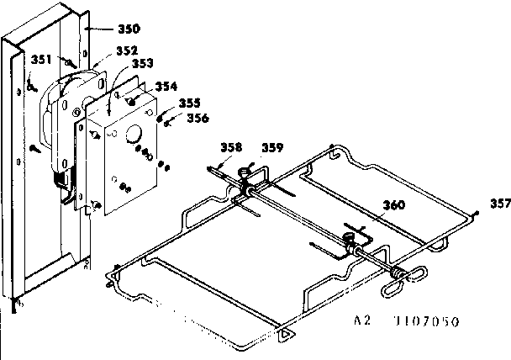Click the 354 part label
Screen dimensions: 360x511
tap(166, 87)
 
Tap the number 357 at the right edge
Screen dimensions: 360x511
tap(499, 203)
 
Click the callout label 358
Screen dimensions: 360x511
tap(232, 148)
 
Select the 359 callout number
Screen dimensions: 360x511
tap(271, 148)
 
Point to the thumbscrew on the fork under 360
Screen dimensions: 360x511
tap(347, 241)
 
